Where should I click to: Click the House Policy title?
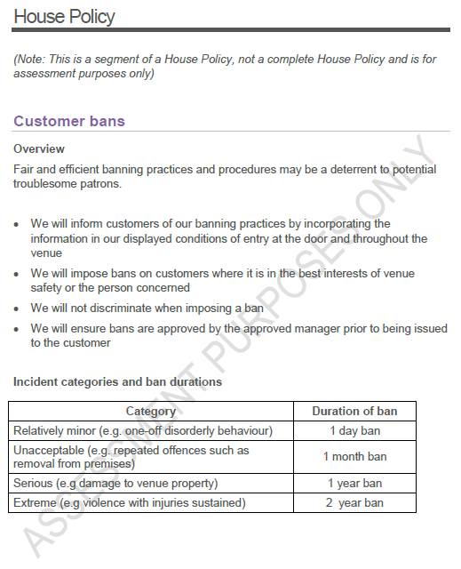[64, 16]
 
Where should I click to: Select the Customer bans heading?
[69, 121]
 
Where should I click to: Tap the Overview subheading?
[39, 148]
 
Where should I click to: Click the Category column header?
[151, 412]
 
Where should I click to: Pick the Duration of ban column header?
[354, 412]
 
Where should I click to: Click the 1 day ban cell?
[354, 431]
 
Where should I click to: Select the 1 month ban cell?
[354, 457]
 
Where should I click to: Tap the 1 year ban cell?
[354, 484]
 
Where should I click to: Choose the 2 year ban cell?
[354, 502]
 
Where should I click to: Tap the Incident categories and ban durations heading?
[117, 382]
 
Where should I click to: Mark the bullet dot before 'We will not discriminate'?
[17, 309]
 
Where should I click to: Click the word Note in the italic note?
[33, 59]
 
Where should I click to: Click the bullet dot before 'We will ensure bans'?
[17, 329]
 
